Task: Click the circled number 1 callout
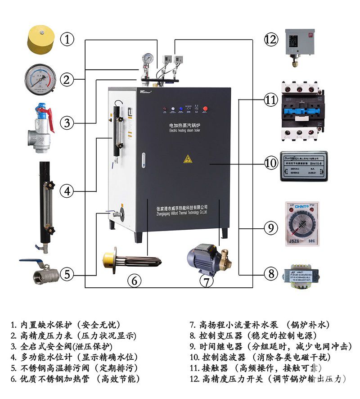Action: coord(67,39)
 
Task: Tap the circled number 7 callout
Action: coord(206,281)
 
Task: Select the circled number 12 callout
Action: coord(271,40)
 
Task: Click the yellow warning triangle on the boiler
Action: coord(188,159)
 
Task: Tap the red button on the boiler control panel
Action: coord(206,109)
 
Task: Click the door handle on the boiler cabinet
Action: coord(144,159)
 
